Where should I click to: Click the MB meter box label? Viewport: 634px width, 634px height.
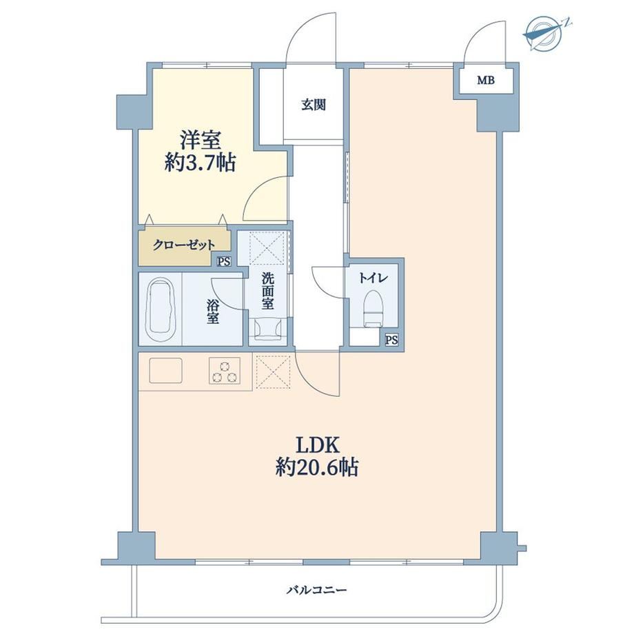tap(486, 81)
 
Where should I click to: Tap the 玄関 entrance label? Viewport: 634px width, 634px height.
tap(314, 105)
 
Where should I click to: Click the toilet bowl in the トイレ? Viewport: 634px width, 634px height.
tap(374, 308)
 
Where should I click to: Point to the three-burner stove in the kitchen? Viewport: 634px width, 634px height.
tap(225, 370)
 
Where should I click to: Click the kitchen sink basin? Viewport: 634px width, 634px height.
tap(166, 370)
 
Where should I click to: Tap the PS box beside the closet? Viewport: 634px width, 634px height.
tap(223, 262)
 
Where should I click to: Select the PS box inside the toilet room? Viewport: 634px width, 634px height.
tap(391, 340)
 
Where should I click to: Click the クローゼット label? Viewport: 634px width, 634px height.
tap(184, 245)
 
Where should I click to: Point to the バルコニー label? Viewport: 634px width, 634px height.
tap(317, 591)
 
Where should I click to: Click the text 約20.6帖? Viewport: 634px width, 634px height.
tap(317, 468)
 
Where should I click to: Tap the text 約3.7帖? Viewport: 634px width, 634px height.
tap(200, 163)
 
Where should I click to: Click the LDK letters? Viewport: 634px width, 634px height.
tap(318, 445)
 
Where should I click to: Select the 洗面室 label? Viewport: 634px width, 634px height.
tap(267, 291)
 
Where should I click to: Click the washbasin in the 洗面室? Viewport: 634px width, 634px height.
tap(267, 328)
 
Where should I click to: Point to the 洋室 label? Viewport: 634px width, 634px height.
tap(200, 141)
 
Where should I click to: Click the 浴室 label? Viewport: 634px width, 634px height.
tap(213, 311)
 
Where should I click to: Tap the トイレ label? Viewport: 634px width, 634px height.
tap(374, 278)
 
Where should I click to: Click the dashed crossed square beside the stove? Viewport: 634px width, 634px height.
tap(274, 371)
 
